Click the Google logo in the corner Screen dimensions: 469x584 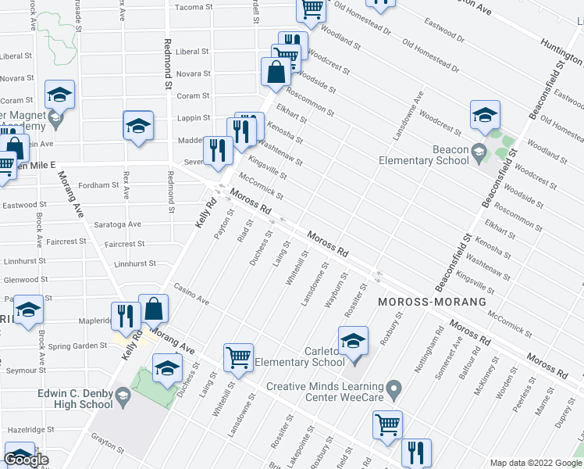click(x=27, y=460)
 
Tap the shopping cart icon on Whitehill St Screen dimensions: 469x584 click(x=239, y=357)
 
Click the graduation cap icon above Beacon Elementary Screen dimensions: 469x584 click(x=485, y=115)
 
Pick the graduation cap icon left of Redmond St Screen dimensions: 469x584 click(x=137, y=125)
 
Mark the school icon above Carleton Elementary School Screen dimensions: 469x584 click(x=352, y=341)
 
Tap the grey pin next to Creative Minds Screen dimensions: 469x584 click(x=395, y=388)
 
